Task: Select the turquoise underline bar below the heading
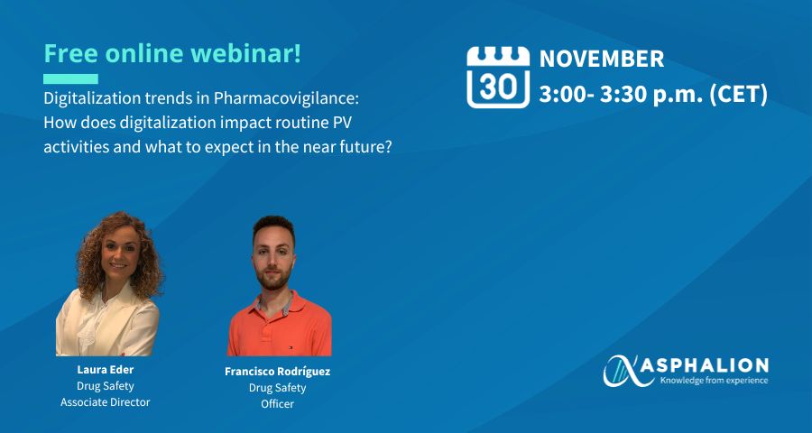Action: pos(70,78)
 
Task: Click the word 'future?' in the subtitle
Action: pos(370,147)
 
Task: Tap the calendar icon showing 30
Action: pos(498,78)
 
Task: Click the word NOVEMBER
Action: pos(602,59)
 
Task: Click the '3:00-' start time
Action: pos(567,96)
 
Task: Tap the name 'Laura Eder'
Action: pos(106,370)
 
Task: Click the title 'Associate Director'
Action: pos(106,402)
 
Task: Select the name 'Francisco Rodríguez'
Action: pos(278,372)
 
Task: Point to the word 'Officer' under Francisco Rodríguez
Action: pos(278,404)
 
